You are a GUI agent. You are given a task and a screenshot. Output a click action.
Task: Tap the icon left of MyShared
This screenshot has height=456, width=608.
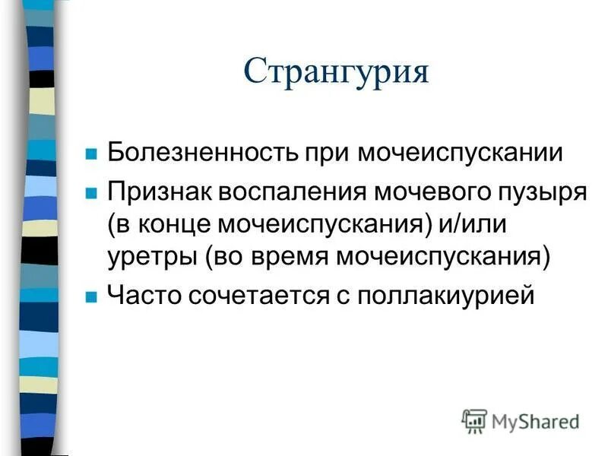pos(474,420)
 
